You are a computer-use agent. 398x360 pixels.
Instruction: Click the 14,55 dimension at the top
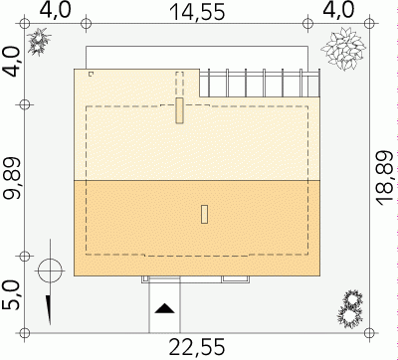[x=197, y=12]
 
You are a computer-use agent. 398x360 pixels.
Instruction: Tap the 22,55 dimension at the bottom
[x=197, y=347]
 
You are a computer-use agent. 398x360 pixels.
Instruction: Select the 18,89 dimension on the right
[x=385, y=178]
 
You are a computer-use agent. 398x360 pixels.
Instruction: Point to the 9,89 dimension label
[x=12, y=178]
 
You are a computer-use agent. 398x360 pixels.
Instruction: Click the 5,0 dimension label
[x=12, y=295]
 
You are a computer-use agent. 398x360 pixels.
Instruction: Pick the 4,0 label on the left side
[x=12, y=62]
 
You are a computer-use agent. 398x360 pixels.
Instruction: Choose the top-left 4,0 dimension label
[x=56, y=10]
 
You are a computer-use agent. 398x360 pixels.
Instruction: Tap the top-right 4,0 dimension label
[x=338, y=10]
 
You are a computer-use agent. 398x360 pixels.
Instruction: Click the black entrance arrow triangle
[x=164, y=308]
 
